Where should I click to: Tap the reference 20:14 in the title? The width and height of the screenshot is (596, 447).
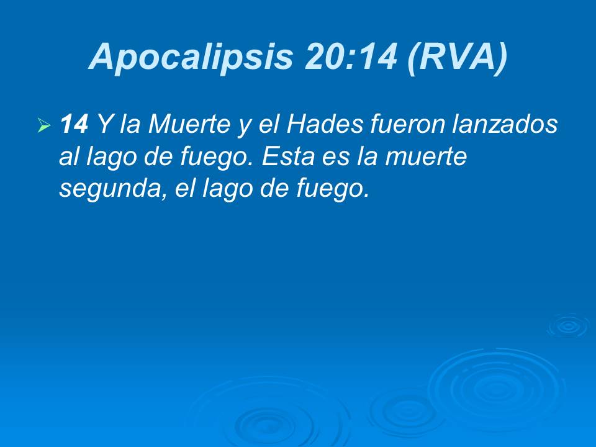[x=351, y=57]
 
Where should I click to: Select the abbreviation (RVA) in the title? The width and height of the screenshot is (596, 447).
[x=458, y=57]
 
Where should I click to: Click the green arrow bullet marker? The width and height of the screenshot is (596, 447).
[x=43, y=127]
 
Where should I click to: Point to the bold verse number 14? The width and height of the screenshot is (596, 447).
[x=73, y=125]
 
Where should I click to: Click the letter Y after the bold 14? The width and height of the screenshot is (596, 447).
[x=104, y=125]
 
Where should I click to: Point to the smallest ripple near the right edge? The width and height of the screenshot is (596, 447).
[x=567, y=326]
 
